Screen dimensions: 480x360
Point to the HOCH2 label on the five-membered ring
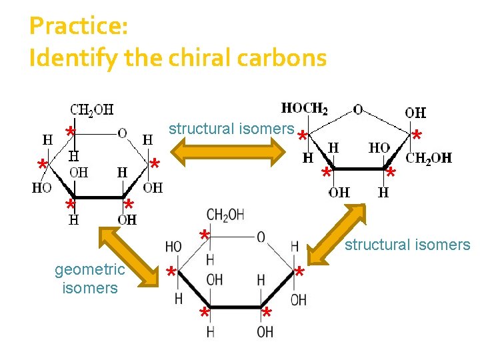coord(305,108)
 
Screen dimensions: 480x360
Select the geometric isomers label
coord(89,279)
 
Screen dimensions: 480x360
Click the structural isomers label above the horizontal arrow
coord(231,128)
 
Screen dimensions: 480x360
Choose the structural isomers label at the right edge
coord(407,245)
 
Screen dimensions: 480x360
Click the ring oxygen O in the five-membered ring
coord(358,109)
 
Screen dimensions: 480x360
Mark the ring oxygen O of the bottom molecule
coord(261,237)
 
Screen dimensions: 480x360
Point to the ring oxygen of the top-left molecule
coord(122,133)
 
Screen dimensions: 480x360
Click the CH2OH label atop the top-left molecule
coord(92,109)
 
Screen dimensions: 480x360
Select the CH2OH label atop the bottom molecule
coord(225,215)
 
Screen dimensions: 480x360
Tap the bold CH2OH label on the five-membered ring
coord(429,158)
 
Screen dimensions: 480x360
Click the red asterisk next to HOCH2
coord(302,136)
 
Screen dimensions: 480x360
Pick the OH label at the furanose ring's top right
coord(415,113)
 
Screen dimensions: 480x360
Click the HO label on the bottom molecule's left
coord(173,247)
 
